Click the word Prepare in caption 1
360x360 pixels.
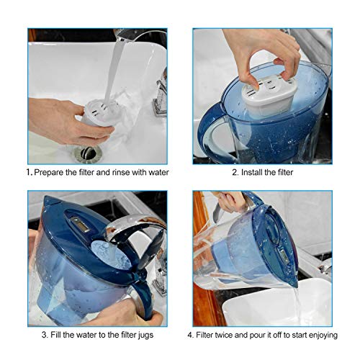[52, 173]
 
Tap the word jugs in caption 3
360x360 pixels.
[146, 335]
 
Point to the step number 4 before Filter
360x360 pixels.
[190, 335]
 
